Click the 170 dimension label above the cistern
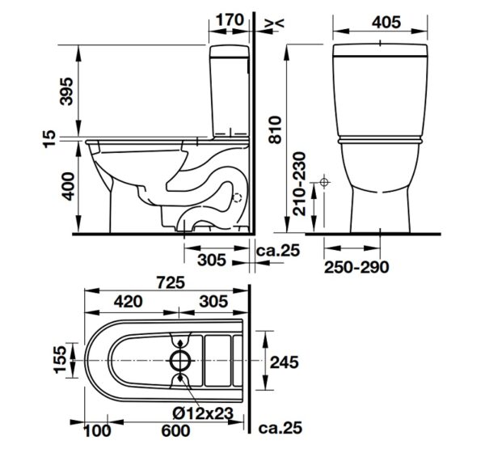(x=230, y=20)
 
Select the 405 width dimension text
(x=386, y=23)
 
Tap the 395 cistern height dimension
(x=66, y=91)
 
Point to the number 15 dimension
(x=49, y=139)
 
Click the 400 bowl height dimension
(x=67, y=186)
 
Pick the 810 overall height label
(x=275, y=129)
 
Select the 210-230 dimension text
(x=299, y=184)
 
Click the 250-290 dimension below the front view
(x=356, y=267)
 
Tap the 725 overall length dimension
(x=171, y=282)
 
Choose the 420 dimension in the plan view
(x=129, y=301)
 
